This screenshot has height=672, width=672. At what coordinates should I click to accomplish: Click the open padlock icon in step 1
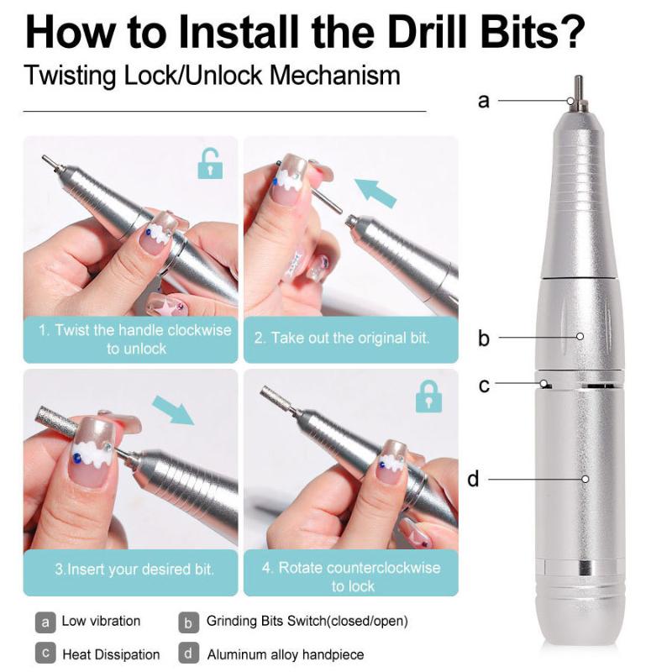[x=210, y=164]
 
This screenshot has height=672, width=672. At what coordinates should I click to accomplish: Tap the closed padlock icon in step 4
[x=428, y=396]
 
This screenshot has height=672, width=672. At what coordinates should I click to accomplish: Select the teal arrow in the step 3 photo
[x=172, y=412]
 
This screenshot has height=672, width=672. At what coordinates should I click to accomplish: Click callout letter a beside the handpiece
[x=483, y=101]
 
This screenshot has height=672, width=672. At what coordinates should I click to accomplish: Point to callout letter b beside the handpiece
[x=483, y=339]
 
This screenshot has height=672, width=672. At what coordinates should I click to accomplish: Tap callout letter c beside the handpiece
[x=484, y=386]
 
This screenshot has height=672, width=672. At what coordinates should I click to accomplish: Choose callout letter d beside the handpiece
[x=473, y=480]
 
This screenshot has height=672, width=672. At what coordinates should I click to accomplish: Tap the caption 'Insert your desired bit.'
[x=134, y=569]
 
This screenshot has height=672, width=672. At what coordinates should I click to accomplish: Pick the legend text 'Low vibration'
[x=101, y=622]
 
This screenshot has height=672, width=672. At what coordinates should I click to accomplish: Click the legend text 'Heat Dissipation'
[x=111, y=654]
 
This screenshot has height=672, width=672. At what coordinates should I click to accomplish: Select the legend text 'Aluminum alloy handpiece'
[x=286, y=654]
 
